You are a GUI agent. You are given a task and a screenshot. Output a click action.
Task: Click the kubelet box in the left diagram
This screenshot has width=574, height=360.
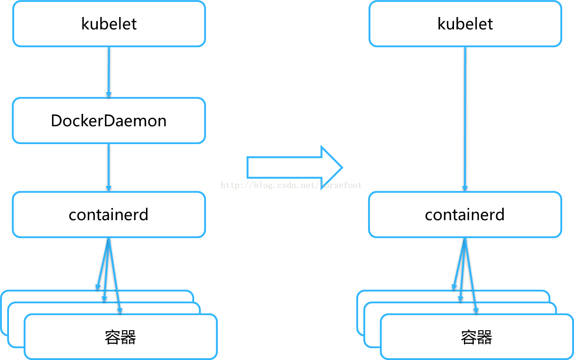(109, 24)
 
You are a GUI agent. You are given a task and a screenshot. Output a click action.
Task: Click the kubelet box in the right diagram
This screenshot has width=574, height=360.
(465, 24)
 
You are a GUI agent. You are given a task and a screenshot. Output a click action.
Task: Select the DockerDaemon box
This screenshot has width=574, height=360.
(109, 120)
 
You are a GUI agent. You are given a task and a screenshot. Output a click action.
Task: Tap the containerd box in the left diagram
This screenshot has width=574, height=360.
(109, 214)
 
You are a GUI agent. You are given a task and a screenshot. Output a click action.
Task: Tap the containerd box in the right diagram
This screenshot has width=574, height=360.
(465, 214)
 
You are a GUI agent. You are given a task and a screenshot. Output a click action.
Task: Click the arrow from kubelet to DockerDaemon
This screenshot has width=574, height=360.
(109, 71)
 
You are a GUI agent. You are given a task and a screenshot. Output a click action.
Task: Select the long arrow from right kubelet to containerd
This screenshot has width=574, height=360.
(465, 118)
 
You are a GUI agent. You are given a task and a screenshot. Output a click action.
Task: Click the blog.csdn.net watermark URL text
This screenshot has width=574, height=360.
(291, 185)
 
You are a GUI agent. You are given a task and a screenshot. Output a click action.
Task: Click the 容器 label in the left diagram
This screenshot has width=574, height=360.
(120, 337)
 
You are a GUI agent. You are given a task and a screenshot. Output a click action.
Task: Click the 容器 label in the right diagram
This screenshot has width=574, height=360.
(476, 337)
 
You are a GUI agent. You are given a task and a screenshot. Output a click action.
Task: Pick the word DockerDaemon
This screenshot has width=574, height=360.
(109, 121)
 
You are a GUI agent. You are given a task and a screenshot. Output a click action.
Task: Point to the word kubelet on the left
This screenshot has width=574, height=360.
(109, 24)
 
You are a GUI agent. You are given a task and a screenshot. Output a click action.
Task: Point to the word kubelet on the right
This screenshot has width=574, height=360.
(465, 24)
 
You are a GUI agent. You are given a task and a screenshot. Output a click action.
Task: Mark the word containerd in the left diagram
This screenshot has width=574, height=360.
(109, 215)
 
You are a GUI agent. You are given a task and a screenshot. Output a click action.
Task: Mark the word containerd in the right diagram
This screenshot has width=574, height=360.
(465, 215)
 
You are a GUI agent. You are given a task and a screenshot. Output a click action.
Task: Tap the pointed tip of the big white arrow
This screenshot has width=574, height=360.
(341, 167)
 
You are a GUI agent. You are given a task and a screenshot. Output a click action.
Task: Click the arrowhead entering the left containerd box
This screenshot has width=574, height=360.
(109, 189)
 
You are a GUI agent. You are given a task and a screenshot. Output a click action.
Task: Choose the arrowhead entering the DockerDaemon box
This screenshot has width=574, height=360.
(109, 95)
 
